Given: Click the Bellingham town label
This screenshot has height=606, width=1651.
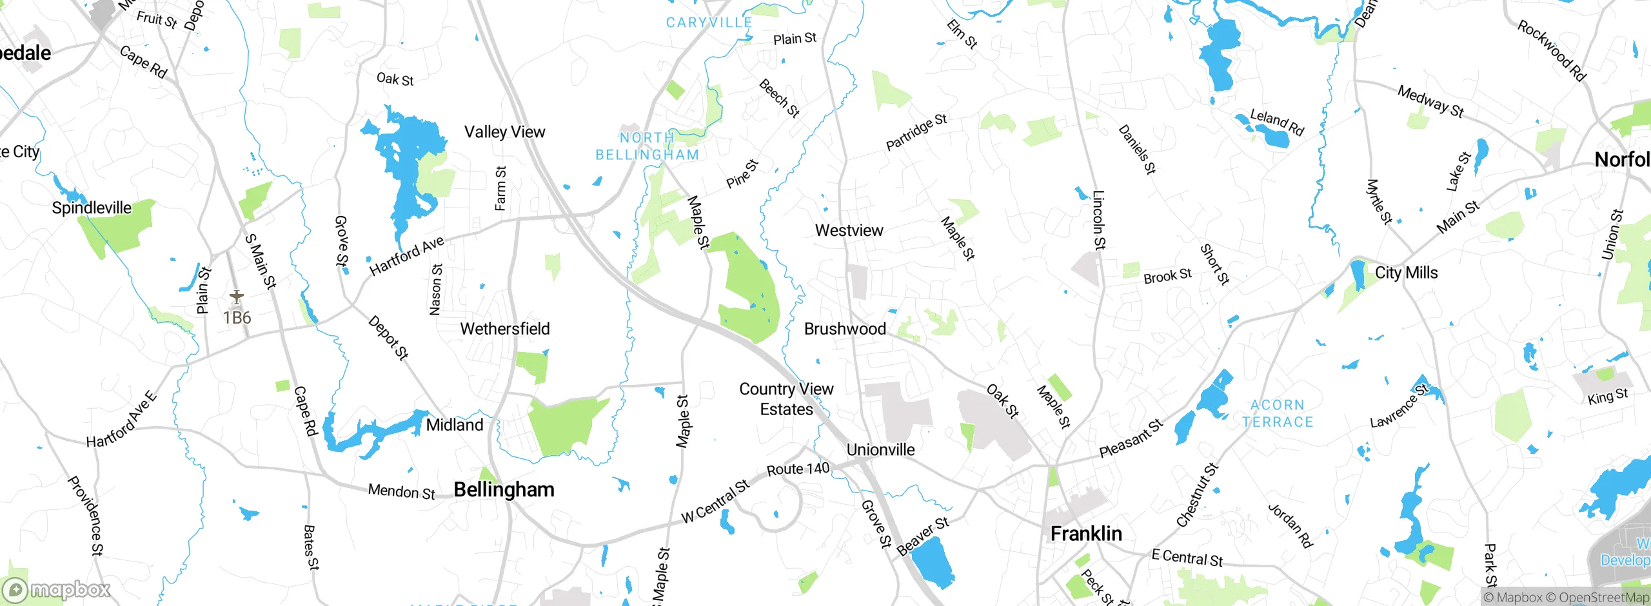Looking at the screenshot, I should pos(504,490).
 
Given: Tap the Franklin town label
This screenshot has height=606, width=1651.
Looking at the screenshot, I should pos(1086,534).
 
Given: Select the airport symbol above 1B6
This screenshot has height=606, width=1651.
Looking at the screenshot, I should pos(237,298).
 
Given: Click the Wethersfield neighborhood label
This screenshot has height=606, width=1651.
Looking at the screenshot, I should pos(505,329).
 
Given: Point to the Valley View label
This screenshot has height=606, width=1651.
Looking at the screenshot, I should pos(504,132).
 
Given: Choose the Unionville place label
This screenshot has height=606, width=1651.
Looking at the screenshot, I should pos(880,450).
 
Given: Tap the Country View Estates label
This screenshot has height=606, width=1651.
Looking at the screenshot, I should pos(786,399).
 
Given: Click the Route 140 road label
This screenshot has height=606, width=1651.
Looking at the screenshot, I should pos(798,469).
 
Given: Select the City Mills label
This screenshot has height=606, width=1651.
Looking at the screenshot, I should pos(1406,273).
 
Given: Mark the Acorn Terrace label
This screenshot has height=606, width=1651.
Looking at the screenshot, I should pos(1278,413).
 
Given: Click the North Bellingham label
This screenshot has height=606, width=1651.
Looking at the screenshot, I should pos(647,146).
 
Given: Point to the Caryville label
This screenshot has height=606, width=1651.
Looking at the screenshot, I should pos(709,23).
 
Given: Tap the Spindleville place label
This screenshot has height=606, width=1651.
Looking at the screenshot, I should pos(92,208).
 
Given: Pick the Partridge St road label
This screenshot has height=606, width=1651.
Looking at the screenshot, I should pos(916,132).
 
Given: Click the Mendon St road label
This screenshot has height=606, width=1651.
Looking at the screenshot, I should pos(401,492).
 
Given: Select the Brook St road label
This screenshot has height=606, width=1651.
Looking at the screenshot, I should pos(1167,276).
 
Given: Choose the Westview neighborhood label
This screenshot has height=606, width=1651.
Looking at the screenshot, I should pos(849,231).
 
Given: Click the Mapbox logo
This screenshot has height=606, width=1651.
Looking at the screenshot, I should pos(57,590).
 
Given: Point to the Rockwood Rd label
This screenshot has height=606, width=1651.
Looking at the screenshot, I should pos(1551,51).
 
